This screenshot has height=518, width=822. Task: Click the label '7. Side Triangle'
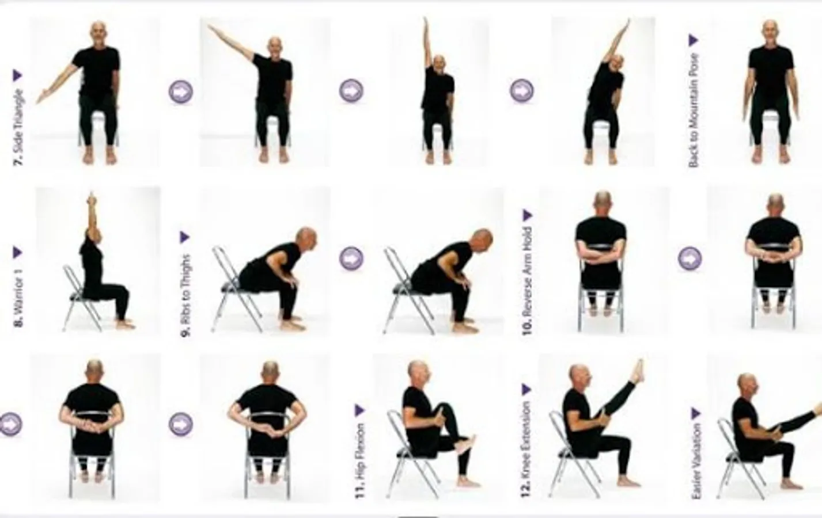tap(18, 127)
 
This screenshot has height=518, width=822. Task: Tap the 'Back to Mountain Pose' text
tap(693, 111)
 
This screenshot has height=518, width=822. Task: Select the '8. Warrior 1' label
tap(18, 298)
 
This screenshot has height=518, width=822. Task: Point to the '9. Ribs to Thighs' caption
tap(186, 295)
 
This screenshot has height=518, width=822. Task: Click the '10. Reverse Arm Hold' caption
tap(527, 281)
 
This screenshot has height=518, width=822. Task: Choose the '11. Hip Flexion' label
tap(360, 460)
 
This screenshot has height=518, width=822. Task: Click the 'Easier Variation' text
tap(695, 461)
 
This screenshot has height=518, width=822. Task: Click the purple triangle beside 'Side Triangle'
tap(18, 75)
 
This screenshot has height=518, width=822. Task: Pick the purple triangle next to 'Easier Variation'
tap(696, 413)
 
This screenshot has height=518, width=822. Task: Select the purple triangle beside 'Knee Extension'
tap(526, 389)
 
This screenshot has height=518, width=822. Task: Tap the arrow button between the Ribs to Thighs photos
tap(351, 258)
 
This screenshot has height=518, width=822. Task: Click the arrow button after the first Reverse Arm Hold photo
tap(690, 258)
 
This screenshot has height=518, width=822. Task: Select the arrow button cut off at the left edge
tap(11, 424)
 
